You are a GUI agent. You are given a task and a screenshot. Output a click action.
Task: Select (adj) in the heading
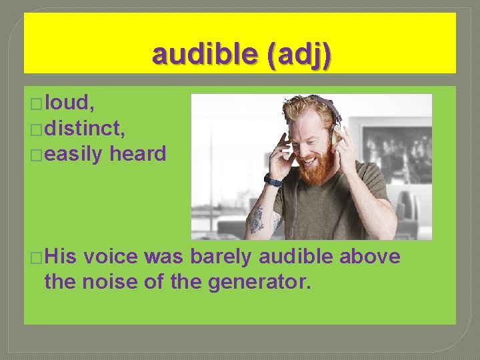tap(297, 55)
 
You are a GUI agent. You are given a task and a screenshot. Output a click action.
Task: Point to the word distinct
tap(87, 128)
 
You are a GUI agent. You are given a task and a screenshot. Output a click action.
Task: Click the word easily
tap(75, 154)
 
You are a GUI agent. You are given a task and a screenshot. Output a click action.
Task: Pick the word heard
tap(138, 154)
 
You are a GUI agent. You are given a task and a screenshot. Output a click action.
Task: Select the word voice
tap(113, 257)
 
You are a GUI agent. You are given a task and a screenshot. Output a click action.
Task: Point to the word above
tap(371, 257)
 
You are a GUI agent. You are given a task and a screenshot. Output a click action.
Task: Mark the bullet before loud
tap(37, 103)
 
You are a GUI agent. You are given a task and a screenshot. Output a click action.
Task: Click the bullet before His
tap(37, 257)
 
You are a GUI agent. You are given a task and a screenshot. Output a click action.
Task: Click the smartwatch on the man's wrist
tap(273, 180)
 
